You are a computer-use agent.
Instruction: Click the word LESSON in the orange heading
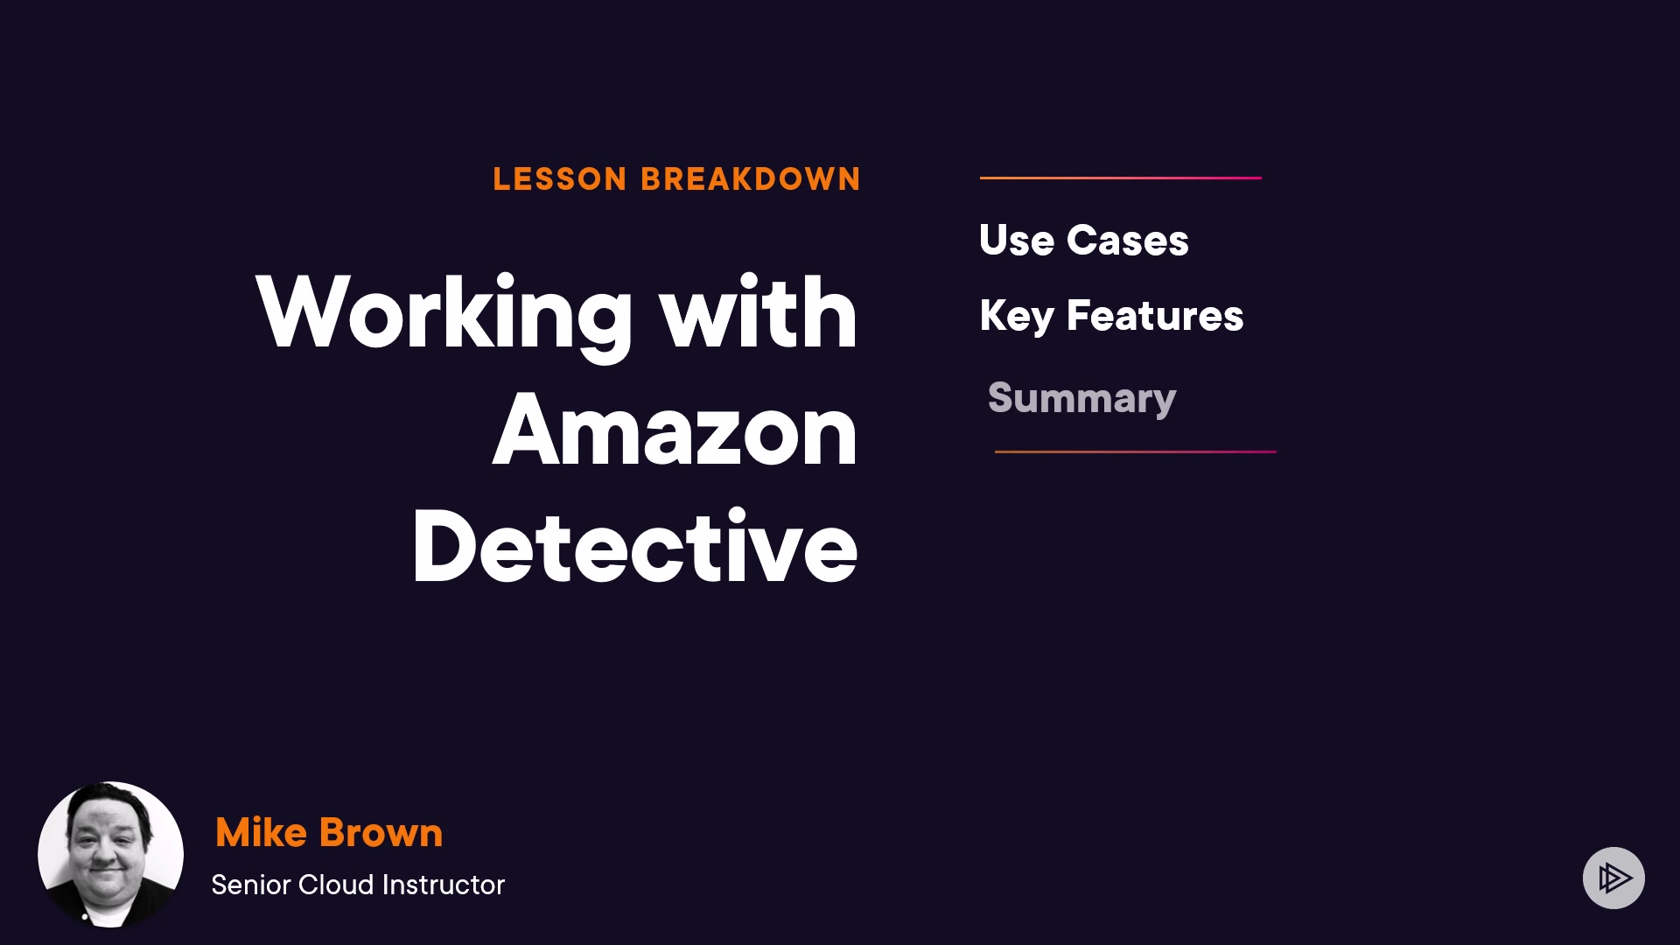click(560, 179)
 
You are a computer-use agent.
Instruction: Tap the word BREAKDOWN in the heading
click(751, 179)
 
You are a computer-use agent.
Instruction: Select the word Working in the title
click(444, 314)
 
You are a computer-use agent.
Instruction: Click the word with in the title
click(759, 314)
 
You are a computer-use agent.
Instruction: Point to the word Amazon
click(675, 431)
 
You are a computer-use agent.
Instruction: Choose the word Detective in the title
click(634, 548)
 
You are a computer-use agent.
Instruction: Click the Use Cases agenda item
click(1083, 241)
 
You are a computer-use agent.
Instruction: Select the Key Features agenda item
click(1111, 316)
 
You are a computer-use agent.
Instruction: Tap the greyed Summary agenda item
click(1081, 399)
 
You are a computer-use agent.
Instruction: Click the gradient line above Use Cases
click(1120, 178)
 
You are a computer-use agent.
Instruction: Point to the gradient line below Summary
click(1135, 451)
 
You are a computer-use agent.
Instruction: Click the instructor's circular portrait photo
click(110, 854)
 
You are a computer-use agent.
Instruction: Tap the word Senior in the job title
click(250, 885)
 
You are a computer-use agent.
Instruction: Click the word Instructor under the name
click(444, 885)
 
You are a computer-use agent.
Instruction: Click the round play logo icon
click(1613, 878)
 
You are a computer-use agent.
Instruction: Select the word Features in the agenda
click(1155, 316)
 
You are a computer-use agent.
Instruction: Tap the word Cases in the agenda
click(1127, 241)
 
